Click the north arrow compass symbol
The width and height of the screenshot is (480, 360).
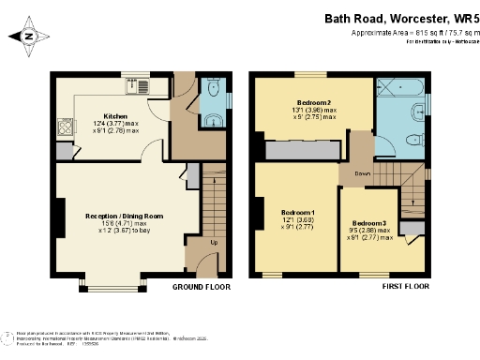pyautogui.click(x=28, y=37)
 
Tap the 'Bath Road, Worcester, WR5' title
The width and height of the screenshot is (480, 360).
pyautogui.click(x=397, y=18)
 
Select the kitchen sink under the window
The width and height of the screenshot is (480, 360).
pyautogui.click(x=137, y=88)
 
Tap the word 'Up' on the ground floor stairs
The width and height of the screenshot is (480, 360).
pyautogui.click(x=213, y=242)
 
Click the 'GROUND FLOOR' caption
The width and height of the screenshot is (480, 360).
pyautogui.click(x=201, y=289)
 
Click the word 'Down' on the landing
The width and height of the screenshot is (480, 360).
pyautogui.click(x=363, y=174)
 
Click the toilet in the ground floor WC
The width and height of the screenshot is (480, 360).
pyautogui.click(x=215, y=119)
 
